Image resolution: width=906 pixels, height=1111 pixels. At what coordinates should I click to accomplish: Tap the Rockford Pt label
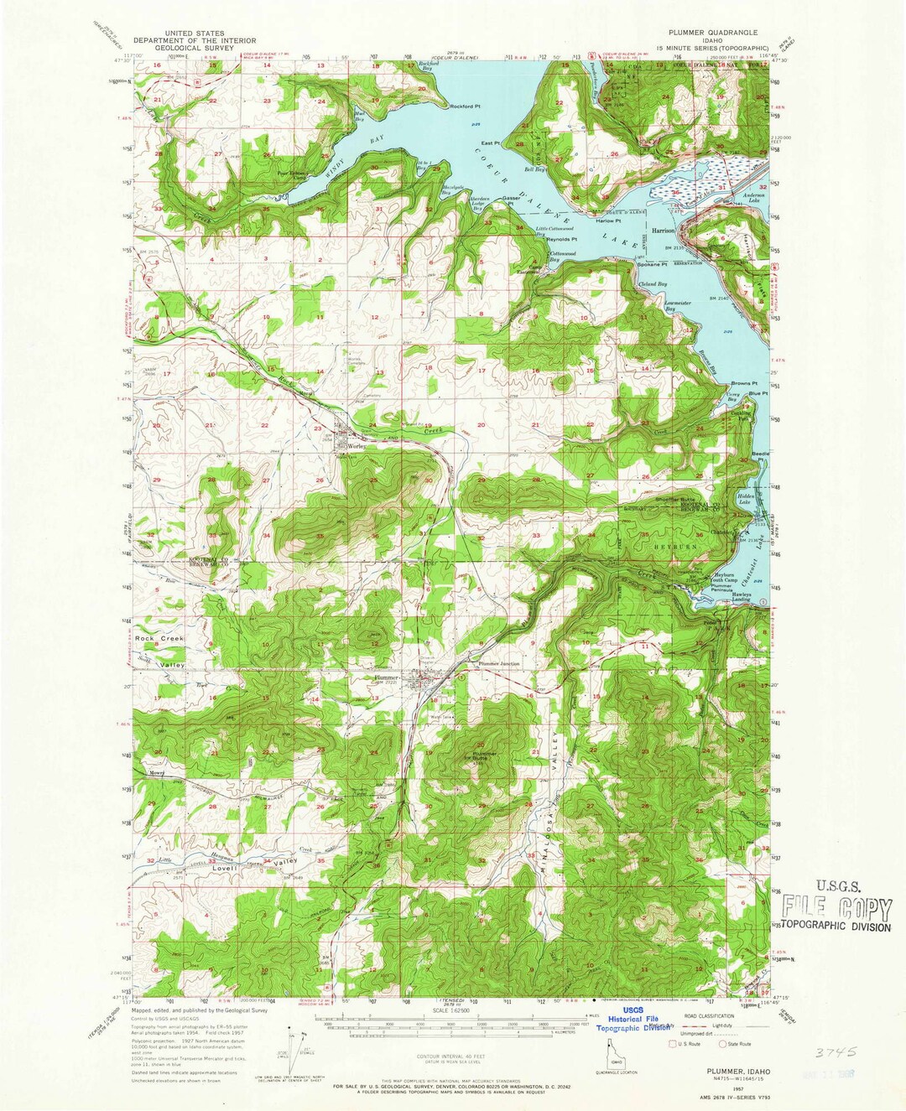tap(468, 106)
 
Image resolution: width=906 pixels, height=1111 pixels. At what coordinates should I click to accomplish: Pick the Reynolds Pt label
tap(562, 239)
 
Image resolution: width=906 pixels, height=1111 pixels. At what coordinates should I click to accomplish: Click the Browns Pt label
tap(744, 383)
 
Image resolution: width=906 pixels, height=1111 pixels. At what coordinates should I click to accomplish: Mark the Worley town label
tap(351, 448)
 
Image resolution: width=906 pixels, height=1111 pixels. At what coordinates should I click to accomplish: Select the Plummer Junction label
tap(501, 665)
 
